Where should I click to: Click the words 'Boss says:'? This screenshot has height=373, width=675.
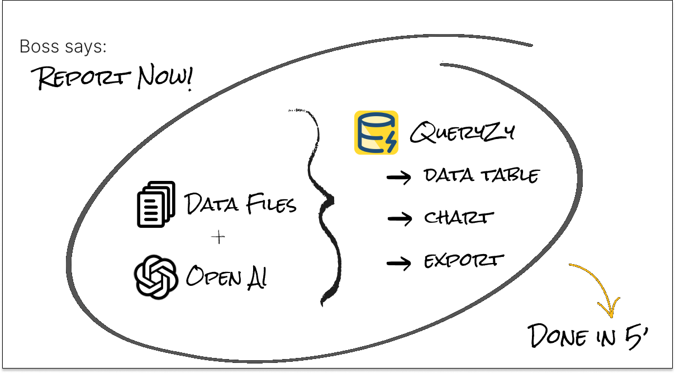[63, 47]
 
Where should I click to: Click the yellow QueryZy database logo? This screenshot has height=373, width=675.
[376, 132]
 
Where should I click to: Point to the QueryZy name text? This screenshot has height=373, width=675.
[462, 133]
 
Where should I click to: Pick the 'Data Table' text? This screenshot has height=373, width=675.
[482, 176]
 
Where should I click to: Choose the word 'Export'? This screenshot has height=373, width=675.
[464, 261]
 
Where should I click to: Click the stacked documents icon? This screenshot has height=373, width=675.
[156, 204]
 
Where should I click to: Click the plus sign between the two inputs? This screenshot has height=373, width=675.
[218, 237]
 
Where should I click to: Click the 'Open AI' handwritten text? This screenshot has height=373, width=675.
[226, 276]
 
